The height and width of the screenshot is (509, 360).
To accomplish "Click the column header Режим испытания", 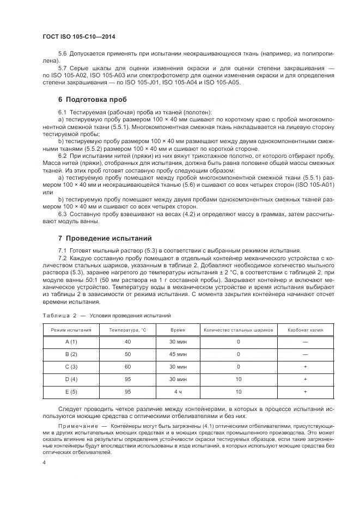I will (71, 330).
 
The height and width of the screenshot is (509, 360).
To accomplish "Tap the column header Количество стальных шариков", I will (238, 330).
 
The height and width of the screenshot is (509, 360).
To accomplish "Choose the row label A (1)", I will (71, 341).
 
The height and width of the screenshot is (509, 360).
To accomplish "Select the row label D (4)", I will (71, 379).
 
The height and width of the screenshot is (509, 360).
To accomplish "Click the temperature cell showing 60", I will (127, 366).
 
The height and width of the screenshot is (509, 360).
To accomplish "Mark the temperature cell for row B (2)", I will (127, 354).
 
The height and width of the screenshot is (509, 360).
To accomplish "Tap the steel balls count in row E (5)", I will (238, 391).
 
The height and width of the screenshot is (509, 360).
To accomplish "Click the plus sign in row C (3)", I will (305, 366).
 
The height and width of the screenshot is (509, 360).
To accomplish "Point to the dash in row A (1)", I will (305, 341).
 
